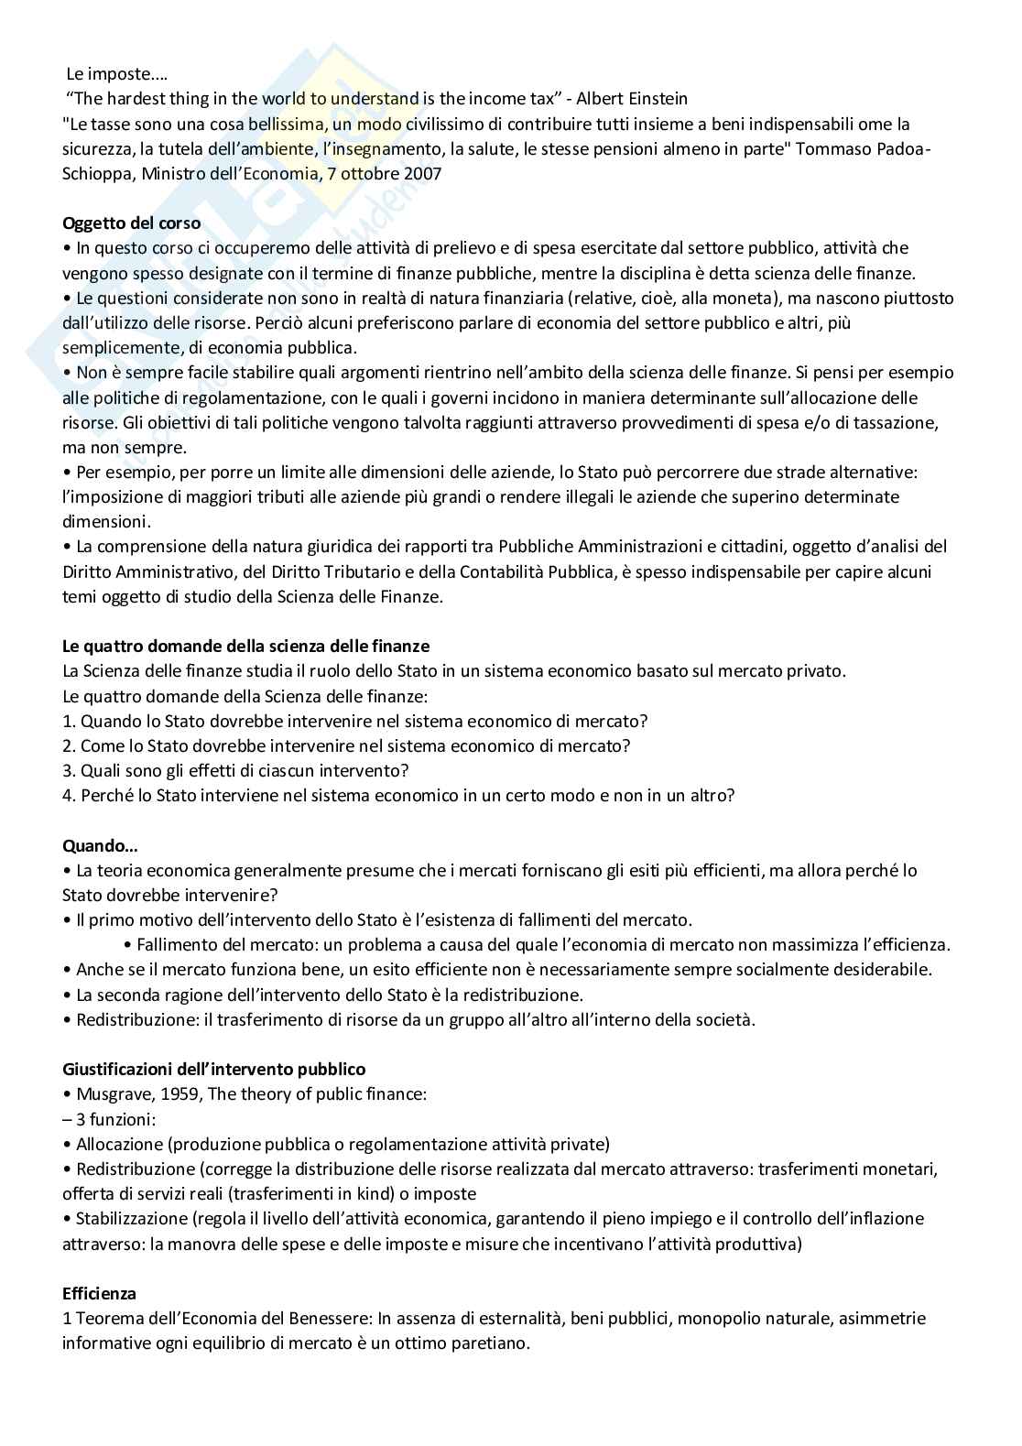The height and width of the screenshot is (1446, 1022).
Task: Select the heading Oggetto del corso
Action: point(131,223)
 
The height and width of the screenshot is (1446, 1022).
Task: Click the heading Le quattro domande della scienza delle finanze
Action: point(245,646)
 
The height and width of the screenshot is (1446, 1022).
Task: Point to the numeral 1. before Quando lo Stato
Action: point(69,721)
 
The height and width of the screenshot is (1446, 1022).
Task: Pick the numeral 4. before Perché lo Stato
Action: point(69,795)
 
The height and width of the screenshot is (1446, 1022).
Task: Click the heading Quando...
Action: point(99,845)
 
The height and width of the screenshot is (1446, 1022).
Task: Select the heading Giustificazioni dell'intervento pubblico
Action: point(213,1069)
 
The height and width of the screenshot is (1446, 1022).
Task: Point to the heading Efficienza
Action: point(99,1293)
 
